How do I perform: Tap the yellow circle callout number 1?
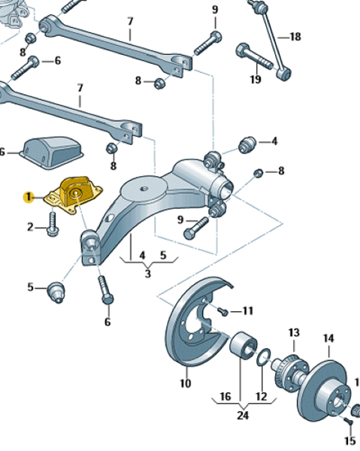[x=29, y=197]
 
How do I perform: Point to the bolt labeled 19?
[x=254, y=56]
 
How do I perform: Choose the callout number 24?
[x=243, y=415]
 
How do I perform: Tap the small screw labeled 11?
[x=223, y=311]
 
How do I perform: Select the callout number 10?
[x=186, y=383]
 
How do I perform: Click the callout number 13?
[x=294, y=332]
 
